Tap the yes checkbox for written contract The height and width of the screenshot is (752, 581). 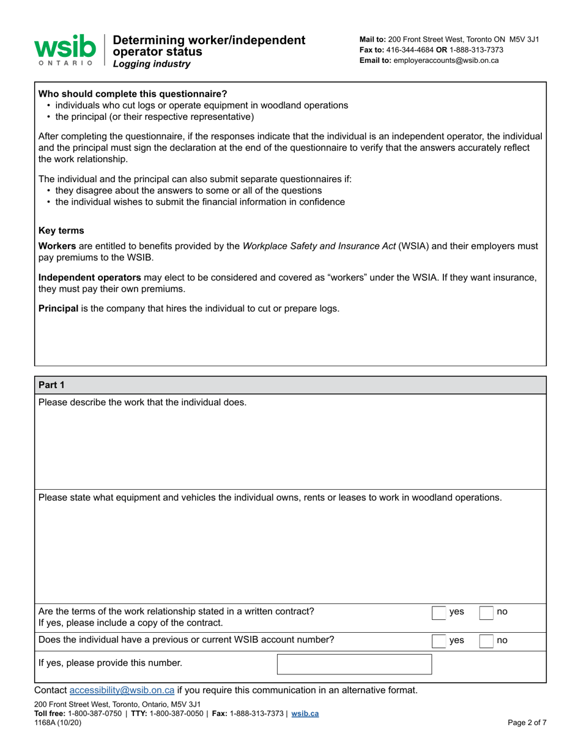(439, 612)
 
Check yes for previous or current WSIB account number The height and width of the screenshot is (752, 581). (439, 641)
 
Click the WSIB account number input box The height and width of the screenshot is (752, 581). (354, 664)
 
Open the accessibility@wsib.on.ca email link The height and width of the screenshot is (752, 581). (122, 690)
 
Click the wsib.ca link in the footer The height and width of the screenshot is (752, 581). (305, 713)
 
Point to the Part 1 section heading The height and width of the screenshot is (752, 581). (51, 385)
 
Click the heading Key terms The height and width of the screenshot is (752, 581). (61, 230)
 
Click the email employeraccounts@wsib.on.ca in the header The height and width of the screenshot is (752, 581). (446, 61)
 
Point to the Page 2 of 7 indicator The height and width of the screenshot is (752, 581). (527, 722)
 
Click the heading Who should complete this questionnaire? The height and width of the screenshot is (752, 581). (133, 94)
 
